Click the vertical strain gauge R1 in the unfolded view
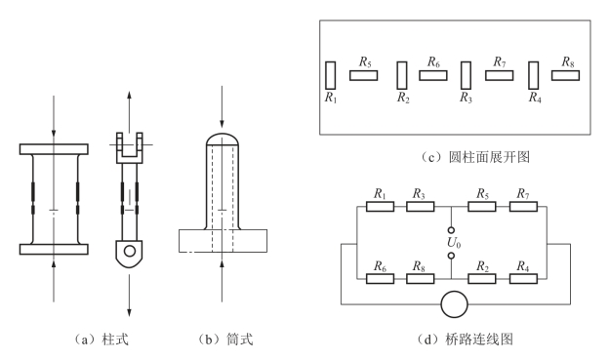(330, 75)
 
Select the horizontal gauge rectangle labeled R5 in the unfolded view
(363, 75)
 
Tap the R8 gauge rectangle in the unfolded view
(565, 75)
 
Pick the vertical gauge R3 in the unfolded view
(466, 75)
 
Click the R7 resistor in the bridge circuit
(523, 207)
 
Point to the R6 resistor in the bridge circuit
(380, 279)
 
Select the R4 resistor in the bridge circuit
(523, 279)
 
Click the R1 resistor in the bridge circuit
(380, 207)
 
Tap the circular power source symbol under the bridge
(454, 304)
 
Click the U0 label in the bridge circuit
(454, 243)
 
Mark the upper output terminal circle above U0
(451, 230)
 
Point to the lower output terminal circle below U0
(451, 256)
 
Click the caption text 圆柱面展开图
(489, 157)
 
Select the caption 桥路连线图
(480, 340)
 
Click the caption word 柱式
(114, 340)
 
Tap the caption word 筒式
(239, 340)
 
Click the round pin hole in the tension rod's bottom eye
(130, 251)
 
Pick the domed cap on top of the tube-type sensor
(223, 140)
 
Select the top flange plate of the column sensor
(54, 149)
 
